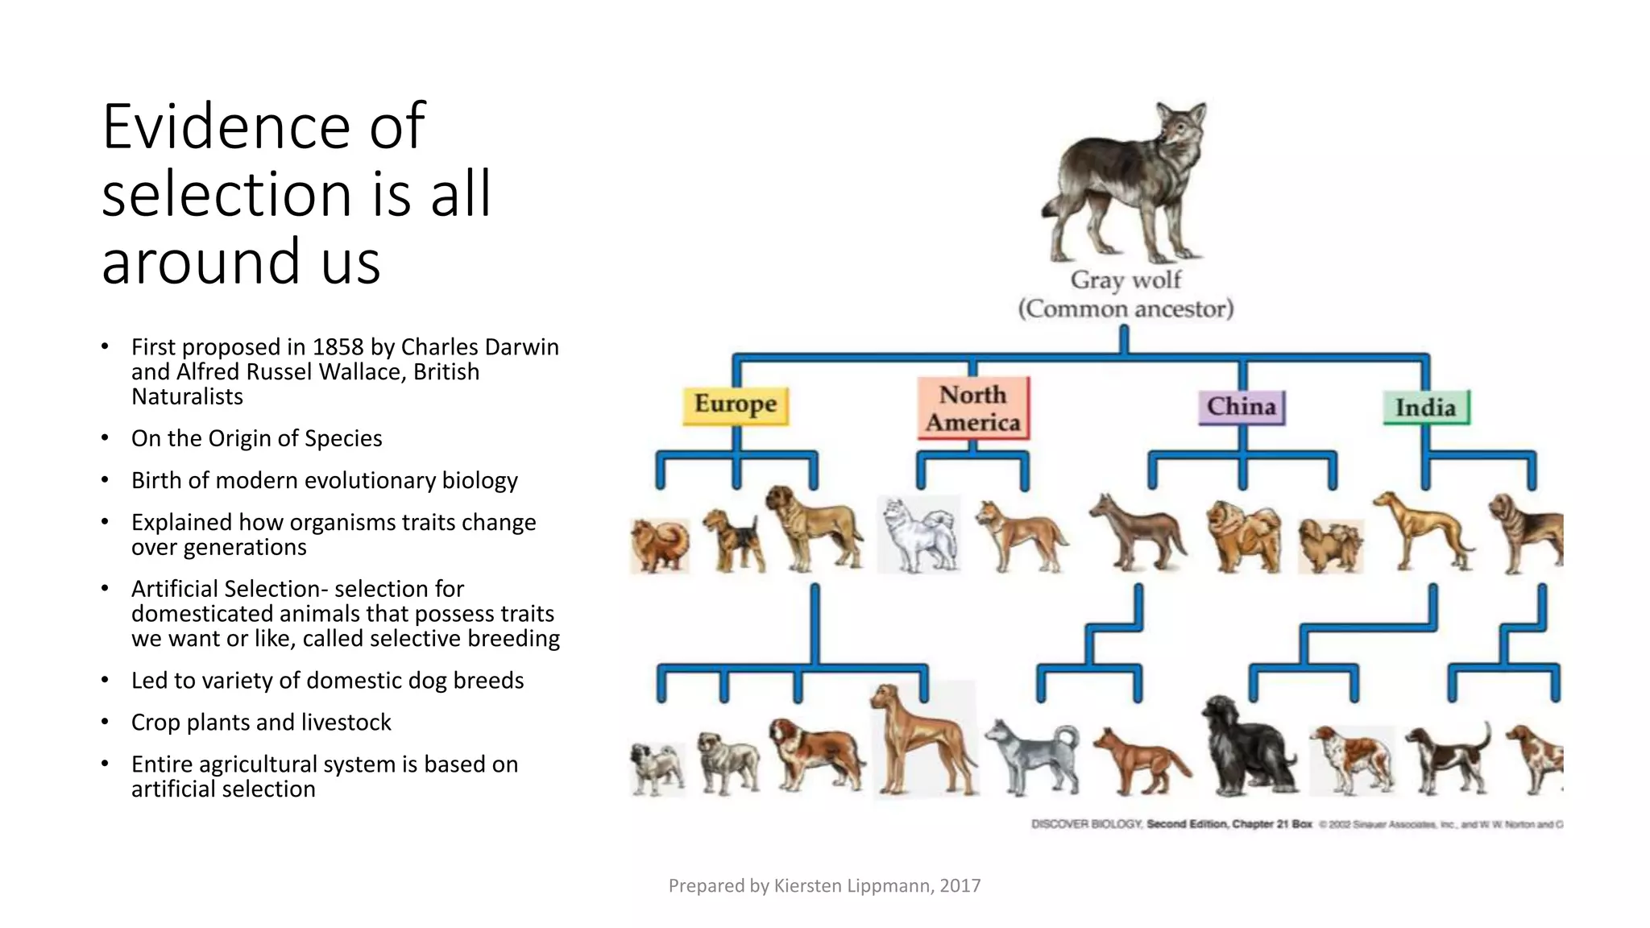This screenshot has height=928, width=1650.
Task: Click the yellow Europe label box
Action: tap(736, 405)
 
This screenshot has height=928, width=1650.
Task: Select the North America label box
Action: tap(972, 408)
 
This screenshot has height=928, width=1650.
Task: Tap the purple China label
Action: tap(1242, 407)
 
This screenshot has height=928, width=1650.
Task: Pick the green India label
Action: tap(1426, 408)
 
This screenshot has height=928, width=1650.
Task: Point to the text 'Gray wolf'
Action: tap(1126, 280)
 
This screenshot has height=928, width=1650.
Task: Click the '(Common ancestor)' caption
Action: tap(1126, 309)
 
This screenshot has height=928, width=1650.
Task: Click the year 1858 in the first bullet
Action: tap(338, 347)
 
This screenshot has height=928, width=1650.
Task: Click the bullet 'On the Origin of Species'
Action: tap(256, 438)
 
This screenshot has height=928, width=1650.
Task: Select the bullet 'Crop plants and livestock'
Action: tap(261, 723)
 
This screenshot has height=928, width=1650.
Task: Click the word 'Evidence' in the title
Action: tap(226, 126)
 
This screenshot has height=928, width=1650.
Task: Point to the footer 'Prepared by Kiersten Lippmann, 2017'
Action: tap(824, 886)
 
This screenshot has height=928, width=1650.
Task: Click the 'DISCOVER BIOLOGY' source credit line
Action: tap(1088, 824)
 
